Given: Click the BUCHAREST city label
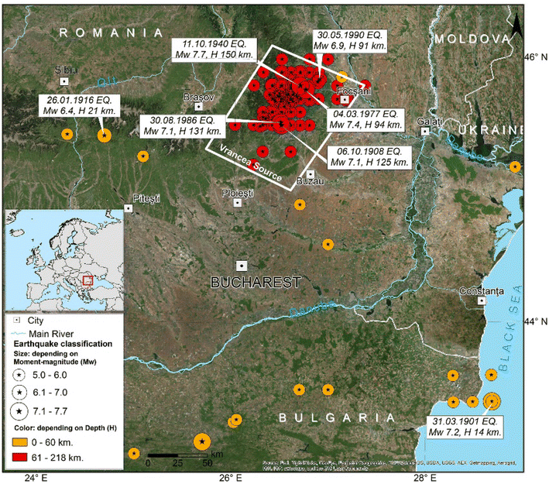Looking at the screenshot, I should coord(256,283).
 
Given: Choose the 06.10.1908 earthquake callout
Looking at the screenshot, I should coord(367,156).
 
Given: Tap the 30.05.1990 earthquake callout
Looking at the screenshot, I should coord(351,41).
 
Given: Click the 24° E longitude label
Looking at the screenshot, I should coord(35,477).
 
